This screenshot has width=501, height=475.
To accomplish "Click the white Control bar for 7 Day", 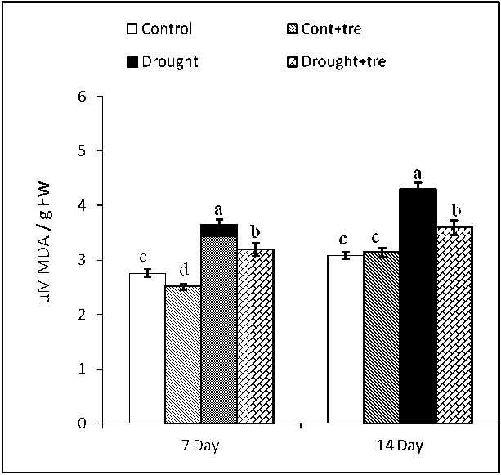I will point(147,348).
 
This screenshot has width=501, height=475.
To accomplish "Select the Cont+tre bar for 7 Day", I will point(183,355).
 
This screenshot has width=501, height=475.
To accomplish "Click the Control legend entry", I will point(159,30).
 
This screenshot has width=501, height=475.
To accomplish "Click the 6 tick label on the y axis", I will point(83,96).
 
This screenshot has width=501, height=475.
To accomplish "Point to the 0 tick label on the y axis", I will point(83,423).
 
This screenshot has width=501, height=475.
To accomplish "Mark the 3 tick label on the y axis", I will point(83,260).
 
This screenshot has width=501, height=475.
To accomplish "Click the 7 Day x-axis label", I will point(199,446).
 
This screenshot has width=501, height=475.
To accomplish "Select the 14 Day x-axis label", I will point(400,446).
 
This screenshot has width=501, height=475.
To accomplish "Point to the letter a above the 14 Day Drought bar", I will point(417,174).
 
